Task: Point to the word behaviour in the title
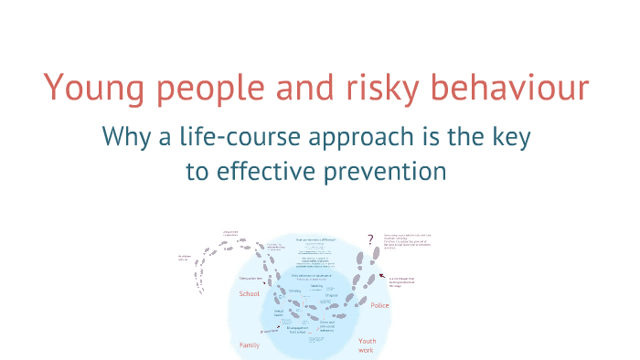pyautogui.click(x=518, y=88)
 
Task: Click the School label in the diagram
pyautogui.click(x=249, y=294)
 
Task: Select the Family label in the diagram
pyautogui.click(x=250, y=345)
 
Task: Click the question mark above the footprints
pyautogui.click(x=370, y=240)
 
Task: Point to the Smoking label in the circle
pyautogui.click(x=315, y=284)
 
